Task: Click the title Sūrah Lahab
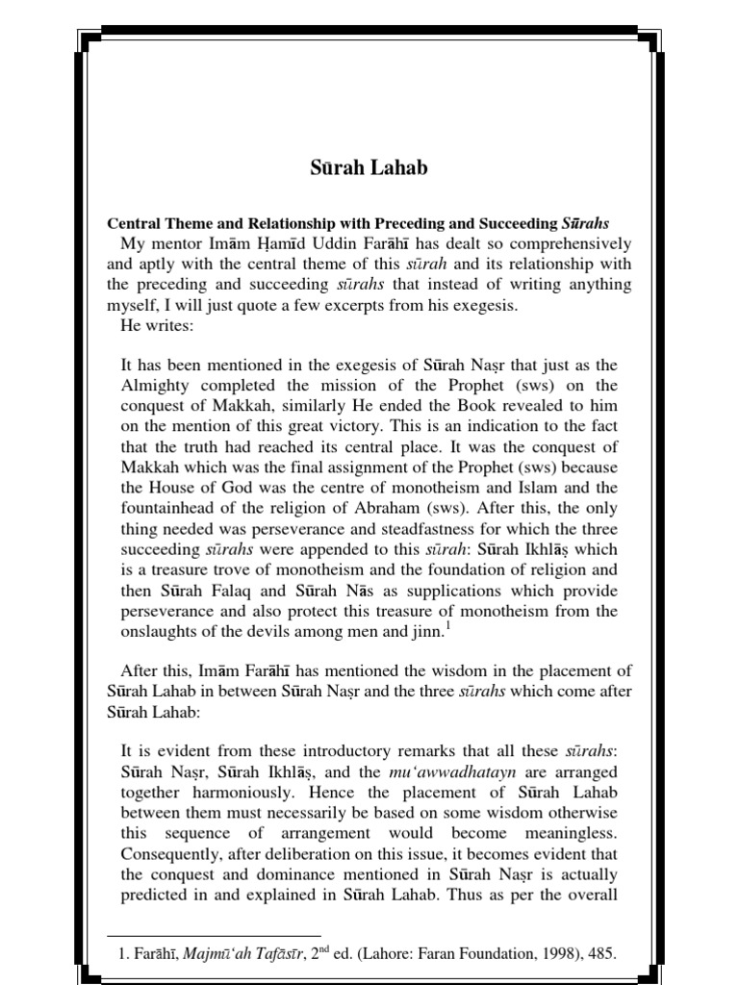coord(369,167)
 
